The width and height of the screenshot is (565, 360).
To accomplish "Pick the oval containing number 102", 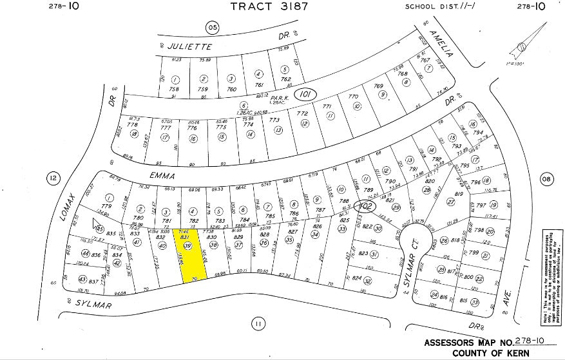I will tap(367, 207).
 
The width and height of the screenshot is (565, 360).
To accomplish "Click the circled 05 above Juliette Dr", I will tap(212, 27).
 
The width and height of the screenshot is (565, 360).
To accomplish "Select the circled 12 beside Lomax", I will tap(53, 178).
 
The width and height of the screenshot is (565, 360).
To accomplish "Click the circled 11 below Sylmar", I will tap(258, 323).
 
